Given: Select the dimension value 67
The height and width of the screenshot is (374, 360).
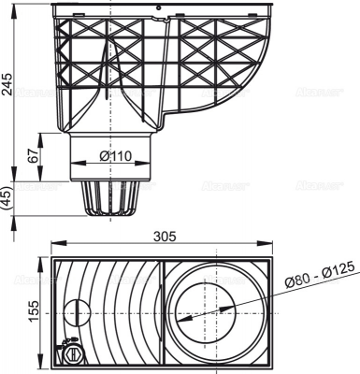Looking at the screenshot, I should tap(34, 155).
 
